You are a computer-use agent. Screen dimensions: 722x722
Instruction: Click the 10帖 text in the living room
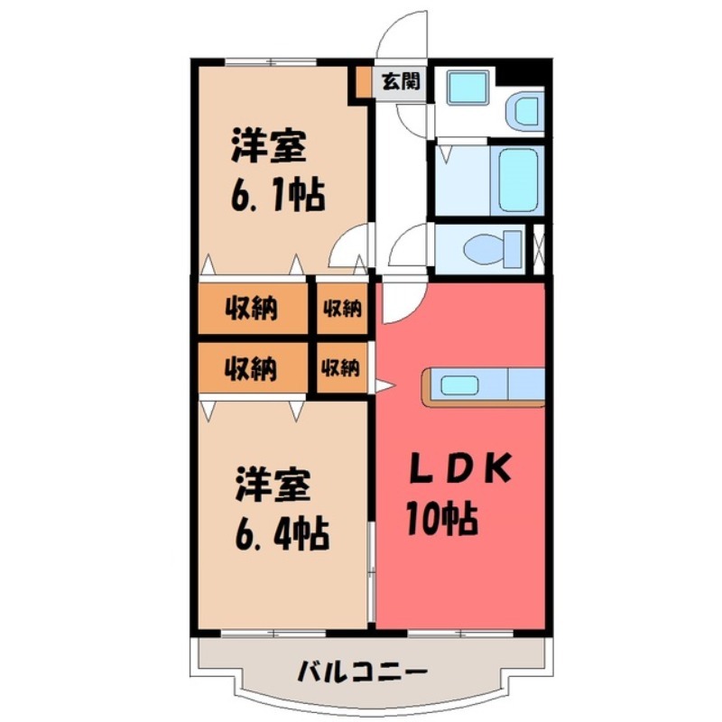pyautogui.click(x=440, y=519)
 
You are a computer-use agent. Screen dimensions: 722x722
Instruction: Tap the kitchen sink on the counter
pyautogui.click(x=459, y=385)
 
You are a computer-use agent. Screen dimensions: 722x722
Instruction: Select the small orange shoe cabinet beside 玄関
pyautogui.click(x=361, y=82)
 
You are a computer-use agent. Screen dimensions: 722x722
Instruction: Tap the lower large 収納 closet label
pyautogui.click(x=251, y=368)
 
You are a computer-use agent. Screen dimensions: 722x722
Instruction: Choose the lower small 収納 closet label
pyautogui.click(x=342, y=368)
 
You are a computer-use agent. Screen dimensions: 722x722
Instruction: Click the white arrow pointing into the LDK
pyautogui.click(x=384, y=387)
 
